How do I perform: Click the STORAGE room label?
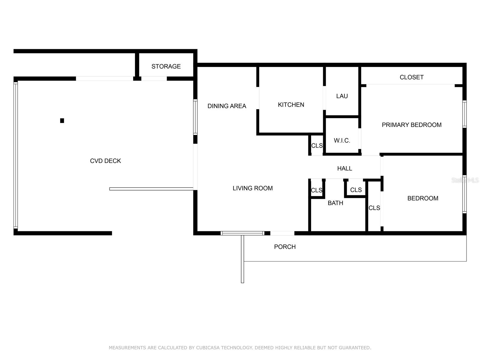[x=166, y=66]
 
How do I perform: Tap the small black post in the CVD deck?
[x=62, y=121]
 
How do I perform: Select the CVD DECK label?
[x=105, y=161]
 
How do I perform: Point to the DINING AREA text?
[x=227, y=106]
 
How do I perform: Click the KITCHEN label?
[x=291, y=105]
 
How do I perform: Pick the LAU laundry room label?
[x=342, y=96]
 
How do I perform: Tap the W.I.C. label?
[x=342, y=140]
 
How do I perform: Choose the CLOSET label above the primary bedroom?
[x=412, y=77]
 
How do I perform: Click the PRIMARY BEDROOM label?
[x=412, y=125]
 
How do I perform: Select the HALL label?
[x=345, y=168]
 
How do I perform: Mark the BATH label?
[x=335, y=203]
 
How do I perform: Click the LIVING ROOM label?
[x=253, y=188]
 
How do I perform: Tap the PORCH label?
[x=285, y=247]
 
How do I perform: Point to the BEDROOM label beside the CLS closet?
[x=423, y=198]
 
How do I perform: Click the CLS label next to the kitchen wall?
[x=317, y=146]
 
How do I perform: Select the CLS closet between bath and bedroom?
[x=374, y=208]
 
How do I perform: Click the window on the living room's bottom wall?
[x=242, y=233]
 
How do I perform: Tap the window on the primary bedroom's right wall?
[x=464, y=114]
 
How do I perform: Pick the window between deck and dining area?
[x=195, y=117]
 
